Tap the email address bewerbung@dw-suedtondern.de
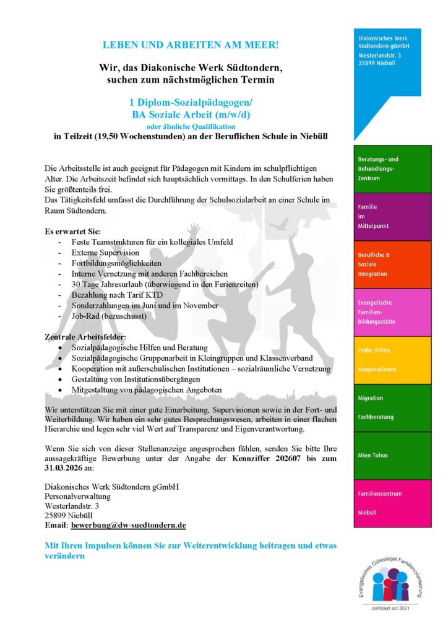pyautogui.click(x=129, y=525)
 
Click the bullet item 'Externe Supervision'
pyautogui.click(x=105, y=253)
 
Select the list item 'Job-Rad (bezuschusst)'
pyautogui.click(x=109, y=316)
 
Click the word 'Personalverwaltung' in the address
pyautogui.click(x=77, y=497)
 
